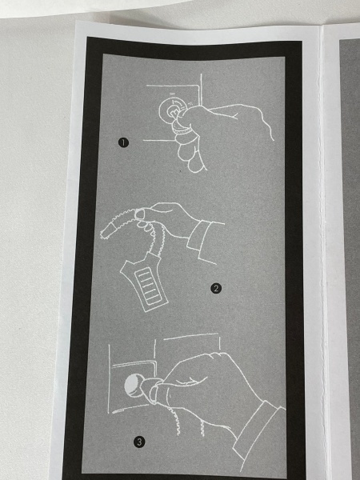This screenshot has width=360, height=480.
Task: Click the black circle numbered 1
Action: pyautogui.click(x=123, y=142)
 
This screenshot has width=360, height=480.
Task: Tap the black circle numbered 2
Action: pyautogui.click(x=216, y=288)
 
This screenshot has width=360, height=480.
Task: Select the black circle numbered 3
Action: pyautogui.click(x=139, y=442)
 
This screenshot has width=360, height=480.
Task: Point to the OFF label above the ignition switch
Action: pyautogui.click(x=171, y=93)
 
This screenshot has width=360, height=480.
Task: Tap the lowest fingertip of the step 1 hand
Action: pyautogui.click(x=196, y=165)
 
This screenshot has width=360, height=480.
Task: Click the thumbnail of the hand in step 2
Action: pyautogui.click(x=140, y=214)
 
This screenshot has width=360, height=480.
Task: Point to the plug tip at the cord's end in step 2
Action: pyautogui.click(x=106, y=231)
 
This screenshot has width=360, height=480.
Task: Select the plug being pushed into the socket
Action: pyautogui.click(x=154, y=390)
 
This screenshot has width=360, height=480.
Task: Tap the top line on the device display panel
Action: pyautogui.click(x=143, y=274)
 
